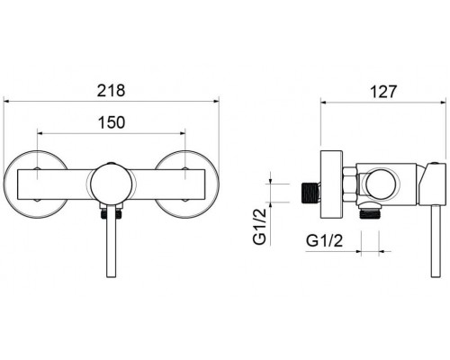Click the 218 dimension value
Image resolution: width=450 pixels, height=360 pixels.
tap(111, 90)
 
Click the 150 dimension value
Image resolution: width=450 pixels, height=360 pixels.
tap(111, 122)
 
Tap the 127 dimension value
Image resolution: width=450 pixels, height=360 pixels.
tap(383, 91)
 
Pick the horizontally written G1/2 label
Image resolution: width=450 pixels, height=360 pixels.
tap(324, 240)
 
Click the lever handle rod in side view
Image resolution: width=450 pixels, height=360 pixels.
tap(436, 241)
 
